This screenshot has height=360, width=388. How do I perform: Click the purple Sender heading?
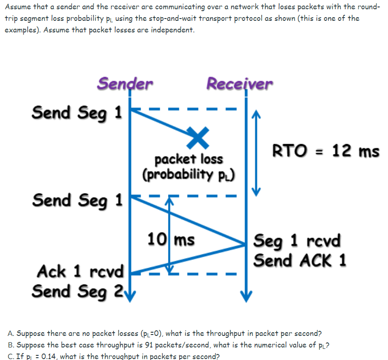coord(125,83)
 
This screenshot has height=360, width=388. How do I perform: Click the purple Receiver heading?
coord(239,84)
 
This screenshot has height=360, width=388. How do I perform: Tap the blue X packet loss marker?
coord(198,138)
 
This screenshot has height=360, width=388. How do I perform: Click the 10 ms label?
coord(171,240)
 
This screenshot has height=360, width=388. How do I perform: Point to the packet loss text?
coord(188,159)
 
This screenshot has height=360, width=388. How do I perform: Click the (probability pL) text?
coord(188,175)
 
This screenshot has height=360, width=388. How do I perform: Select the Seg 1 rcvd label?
coord(297,241)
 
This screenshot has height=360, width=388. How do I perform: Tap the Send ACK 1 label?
coord(300,260)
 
